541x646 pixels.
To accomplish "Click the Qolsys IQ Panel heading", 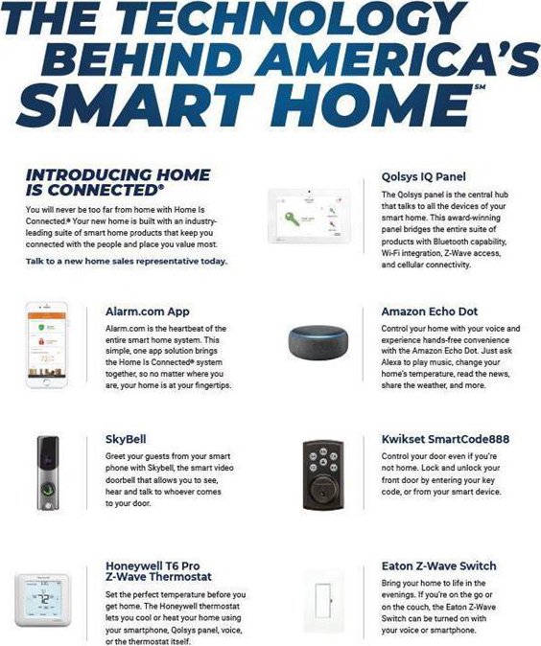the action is pyautogui.click(x=423, y=176).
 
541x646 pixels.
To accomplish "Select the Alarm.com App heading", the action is pyautogui.click(x=147, y=311).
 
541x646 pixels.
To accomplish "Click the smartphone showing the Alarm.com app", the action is pyautogui.click(x=47, y=344).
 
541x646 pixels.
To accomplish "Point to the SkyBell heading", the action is pyautogui.click(x=126, y=439).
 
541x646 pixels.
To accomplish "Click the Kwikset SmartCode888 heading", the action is pyautogui.click(x=445, y=439).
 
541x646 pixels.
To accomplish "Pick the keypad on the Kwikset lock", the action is pyautogui.click(x=323, y=460).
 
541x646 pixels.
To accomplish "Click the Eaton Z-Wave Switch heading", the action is pyautogui.click(x=438, y=566).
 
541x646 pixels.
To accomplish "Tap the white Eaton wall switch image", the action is pyautogui.click(x=323, y=601).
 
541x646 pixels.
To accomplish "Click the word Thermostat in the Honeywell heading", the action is pyautogui.click(x=180, y=577).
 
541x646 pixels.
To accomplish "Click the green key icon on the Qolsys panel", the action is pyautogui.click(x=293, y=219).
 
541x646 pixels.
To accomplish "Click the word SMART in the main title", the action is pyautogui.click(x=135, y=105).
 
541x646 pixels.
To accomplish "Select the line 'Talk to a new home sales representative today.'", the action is pyautogui.click(x=127, y=262).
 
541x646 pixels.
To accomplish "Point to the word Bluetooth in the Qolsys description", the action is pyautogui.click(x=447, y=241).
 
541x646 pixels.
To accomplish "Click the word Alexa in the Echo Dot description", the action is pyautogui.click(x=391, y=362).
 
